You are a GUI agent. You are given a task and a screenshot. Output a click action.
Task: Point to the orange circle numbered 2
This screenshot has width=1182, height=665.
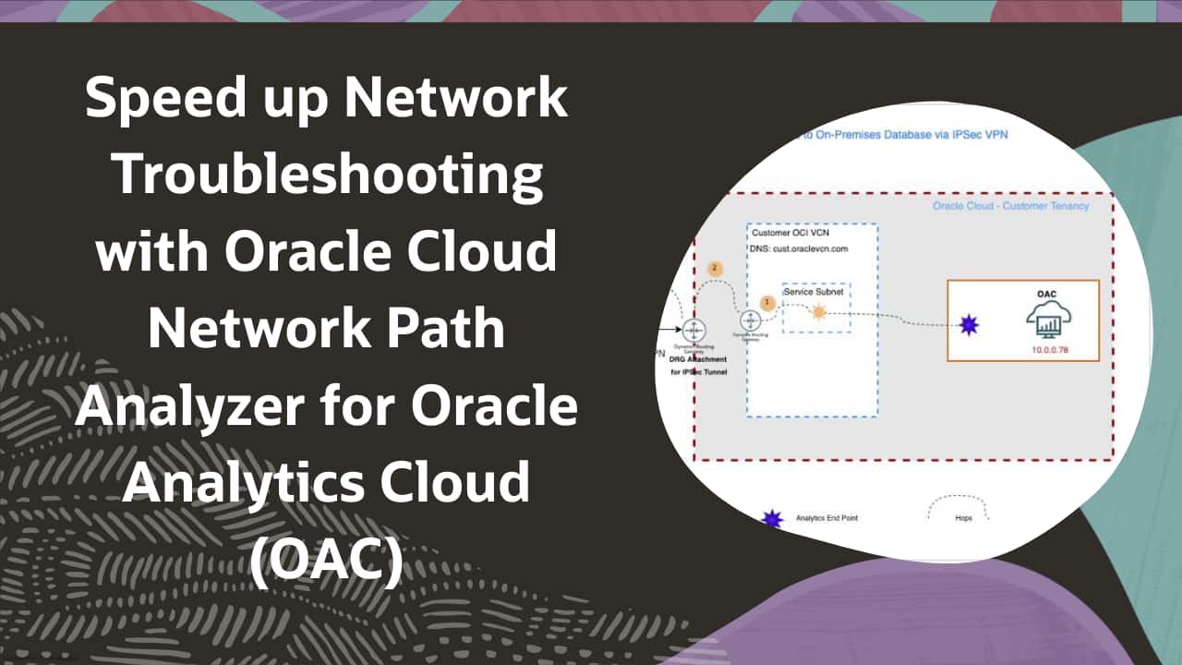[714, 269]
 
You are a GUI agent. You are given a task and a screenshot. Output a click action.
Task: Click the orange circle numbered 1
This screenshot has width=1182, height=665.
[766, 301]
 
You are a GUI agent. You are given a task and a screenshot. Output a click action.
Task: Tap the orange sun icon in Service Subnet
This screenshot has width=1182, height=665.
[817, 312]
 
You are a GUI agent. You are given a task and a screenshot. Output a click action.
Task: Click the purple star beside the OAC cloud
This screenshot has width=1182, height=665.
[969, 325]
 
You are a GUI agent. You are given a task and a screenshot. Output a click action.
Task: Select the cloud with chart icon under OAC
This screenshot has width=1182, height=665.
[1045, 323]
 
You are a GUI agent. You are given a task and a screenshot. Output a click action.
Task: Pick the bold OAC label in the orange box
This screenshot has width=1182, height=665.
[1047, 293]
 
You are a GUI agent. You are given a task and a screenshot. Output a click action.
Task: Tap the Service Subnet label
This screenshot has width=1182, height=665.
[813, 292]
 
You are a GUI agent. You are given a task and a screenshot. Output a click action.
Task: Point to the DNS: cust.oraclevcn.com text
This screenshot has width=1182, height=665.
[799, 248]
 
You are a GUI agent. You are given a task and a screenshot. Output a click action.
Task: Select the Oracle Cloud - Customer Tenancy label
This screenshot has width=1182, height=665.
[1010, 205]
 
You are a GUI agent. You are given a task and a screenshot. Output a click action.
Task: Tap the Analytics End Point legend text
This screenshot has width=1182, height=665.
[826, 518]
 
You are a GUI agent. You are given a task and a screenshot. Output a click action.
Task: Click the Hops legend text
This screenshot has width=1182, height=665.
[963, 518]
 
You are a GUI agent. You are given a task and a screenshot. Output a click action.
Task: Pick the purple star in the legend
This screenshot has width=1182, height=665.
[772, 518]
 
